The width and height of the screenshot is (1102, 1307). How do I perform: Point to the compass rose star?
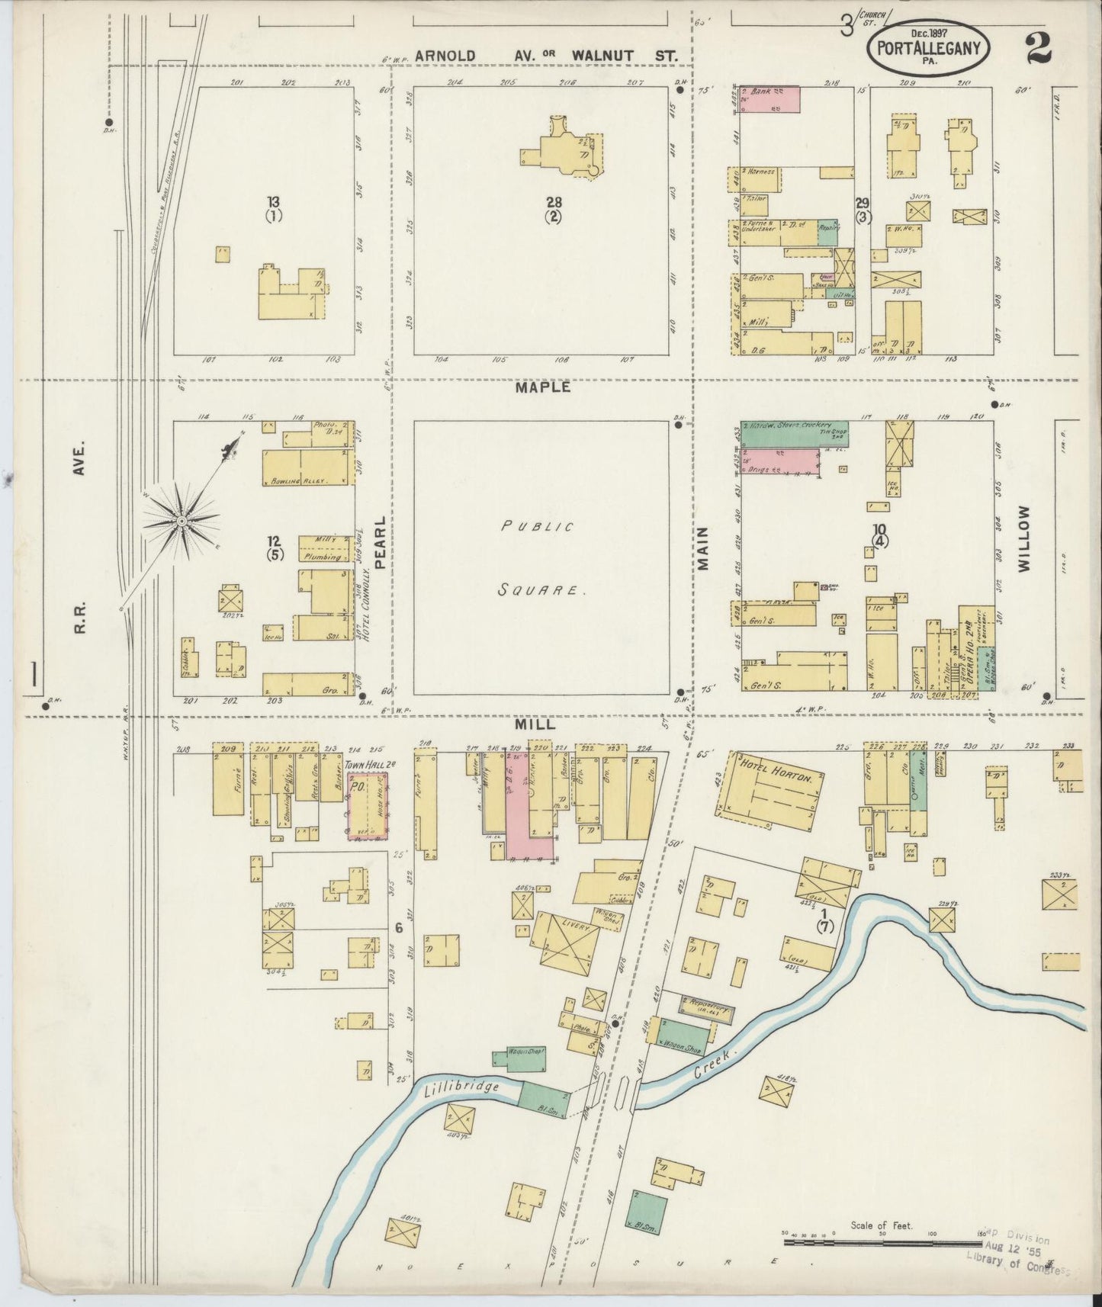(183, 521)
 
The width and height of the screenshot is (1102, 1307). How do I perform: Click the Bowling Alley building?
(303, 467)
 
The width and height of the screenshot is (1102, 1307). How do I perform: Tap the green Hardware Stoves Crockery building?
(793, 432)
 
